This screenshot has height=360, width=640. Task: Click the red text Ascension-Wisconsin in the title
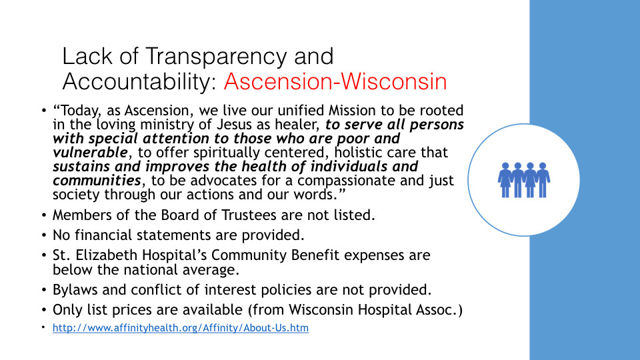click(335, 81)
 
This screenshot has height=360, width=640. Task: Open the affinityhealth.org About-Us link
click(181, 328)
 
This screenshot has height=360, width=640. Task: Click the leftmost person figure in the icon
click(505, 180)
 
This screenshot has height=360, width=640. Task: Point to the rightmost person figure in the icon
click(543, 180)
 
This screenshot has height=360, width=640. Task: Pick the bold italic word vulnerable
click(90, 152)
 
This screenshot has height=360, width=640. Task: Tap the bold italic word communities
click(97, 180)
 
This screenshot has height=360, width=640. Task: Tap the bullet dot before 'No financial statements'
click(44, 235)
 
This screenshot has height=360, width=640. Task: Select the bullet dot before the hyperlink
click(43, 327)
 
